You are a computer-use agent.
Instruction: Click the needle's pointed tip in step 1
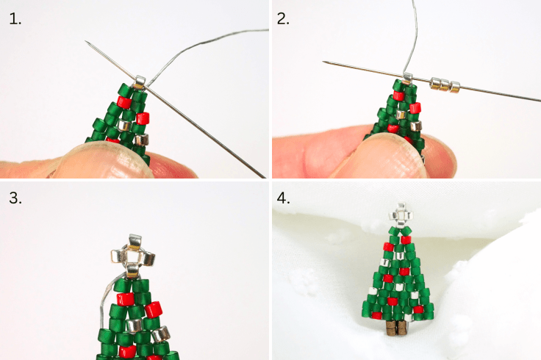tap(87, 43)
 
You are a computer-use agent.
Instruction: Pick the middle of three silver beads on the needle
tap(444, 83)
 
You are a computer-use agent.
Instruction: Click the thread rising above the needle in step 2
tap(415, 29)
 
